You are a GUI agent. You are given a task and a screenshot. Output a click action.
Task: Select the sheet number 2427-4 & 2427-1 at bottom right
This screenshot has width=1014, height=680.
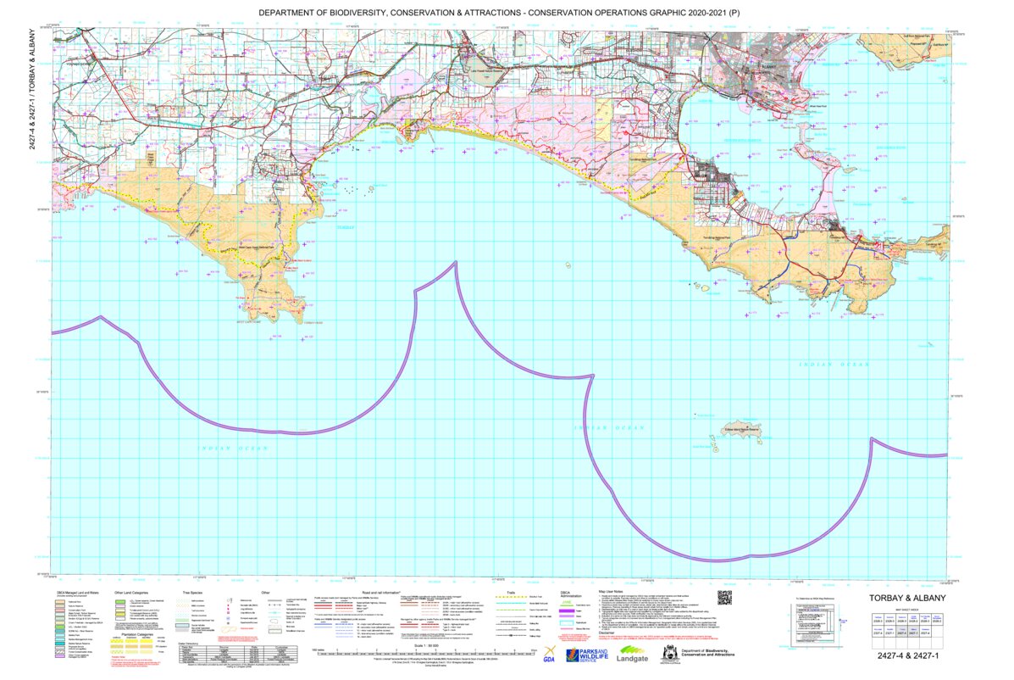pos(910,655)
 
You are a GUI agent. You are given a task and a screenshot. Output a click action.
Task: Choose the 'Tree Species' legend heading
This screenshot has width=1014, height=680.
pos(196,593)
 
